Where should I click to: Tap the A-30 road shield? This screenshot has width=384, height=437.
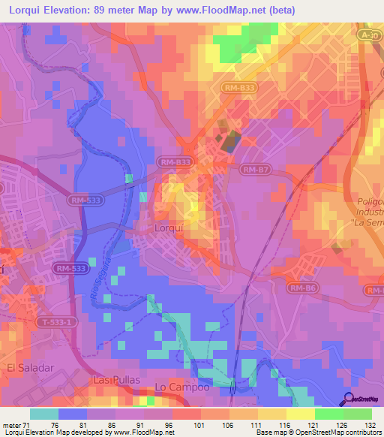pos(367,35)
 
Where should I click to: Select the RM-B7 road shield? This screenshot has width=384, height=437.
pos(256,170)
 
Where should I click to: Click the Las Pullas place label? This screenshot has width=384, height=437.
pos(116,380)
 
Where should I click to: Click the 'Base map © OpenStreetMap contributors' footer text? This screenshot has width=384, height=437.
pos(318,433)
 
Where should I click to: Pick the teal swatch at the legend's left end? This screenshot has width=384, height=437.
pos(44,414)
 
